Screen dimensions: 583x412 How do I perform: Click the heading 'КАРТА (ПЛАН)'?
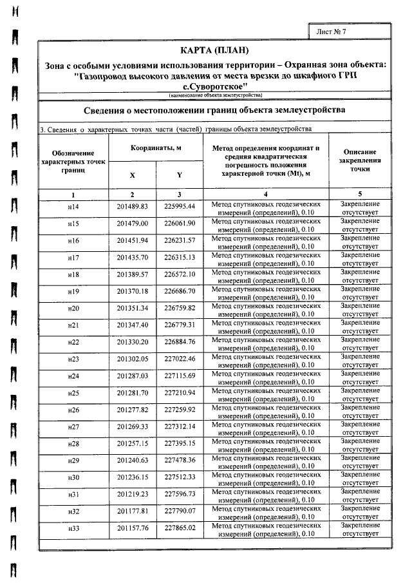point(214,51)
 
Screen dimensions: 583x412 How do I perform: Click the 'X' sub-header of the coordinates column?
point(133,175)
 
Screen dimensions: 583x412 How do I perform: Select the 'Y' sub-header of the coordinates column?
point(180,175)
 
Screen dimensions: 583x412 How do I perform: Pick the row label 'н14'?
point(73,207)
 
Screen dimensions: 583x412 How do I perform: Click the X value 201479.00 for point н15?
point(133,224)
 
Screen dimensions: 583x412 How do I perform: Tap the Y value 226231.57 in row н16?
point(180,240)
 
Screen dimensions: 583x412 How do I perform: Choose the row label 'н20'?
point(73,308)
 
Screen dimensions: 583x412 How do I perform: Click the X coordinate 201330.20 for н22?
point(133,341)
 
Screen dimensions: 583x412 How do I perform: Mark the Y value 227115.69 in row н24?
point(180,376)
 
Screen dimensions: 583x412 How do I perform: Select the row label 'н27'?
point(73,426)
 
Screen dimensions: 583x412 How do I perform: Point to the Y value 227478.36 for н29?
point(180,460)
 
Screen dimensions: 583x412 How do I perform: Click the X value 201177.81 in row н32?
point(133,511)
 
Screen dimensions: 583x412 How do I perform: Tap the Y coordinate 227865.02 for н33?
point(180,528)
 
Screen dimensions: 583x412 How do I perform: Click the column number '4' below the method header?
point(266,194)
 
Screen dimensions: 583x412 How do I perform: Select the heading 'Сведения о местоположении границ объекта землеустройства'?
point(214,110)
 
